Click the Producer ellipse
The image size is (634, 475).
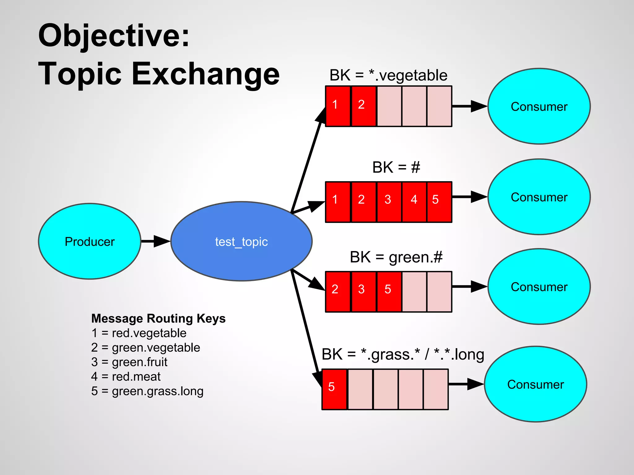(x=89, y=241)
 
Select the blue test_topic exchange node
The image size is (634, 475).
(x=241, y=241)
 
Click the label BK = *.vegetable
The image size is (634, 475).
(x=388, y=75)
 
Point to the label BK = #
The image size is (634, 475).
(x=396, y=167)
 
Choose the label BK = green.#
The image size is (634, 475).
(x=396, y=257)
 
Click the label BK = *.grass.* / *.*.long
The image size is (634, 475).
(x=403, y=354)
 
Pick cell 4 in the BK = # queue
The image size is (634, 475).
(x=414, y=202)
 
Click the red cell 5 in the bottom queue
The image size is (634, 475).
(x=334, y=389)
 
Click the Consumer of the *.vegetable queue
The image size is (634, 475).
(x=539, y=106)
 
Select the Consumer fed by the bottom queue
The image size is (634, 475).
(x=535, y=384)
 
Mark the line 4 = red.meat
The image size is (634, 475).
(x=126, y=376)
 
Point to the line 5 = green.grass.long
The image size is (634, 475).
(x=147, y=391)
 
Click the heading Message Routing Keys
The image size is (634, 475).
(x=158, y=318)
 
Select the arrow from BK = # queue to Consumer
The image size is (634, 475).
(x=469, y=197)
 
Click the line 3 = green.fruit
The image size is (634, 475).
(x=129, y=362)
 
